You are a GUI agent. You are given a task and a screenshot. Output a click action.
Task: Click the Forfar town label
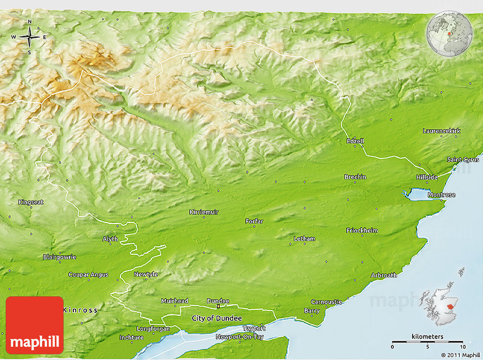pos(255,221)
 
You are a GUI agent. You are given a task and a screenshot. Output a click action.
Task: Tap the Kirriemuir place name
pos(203,212)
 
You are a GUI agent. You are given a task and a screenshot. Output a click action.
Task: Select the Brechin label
pos(355,177)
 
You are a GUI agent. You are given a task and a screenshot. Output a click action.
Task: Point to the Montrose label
pos(442,195)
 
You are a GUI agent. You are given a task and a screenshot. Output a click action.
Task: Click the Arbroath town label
pos(384,275)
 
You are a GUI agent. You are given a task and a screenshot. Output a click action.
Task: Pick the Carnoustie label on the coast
pos(326,301)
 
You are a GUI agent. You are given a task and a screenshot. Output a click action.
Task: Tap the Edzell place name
pos(355,140)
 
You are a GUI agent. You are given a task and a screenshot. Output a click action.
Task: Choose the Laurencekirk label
pos(442,131)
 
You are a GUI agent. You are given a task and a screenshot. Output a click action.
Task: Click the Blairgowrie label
pos(59,257)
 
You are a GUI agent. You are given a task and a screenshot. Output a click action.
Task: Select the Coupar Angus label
pos(88,275)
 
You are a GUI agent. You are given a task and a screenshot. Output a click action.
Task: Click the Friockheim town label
pos(361,230)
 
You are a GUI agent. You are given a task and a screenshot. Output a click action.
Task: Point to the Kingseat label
pos(31,202)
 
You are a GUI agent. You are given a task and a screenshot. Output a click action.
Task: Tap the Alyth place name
pos(110,239)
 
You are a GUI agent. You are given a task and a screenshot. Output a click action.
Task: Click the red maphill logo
pos(35,325)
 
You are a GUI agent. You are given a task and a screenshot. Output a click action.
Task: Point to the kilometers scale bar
pos(428,343)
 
